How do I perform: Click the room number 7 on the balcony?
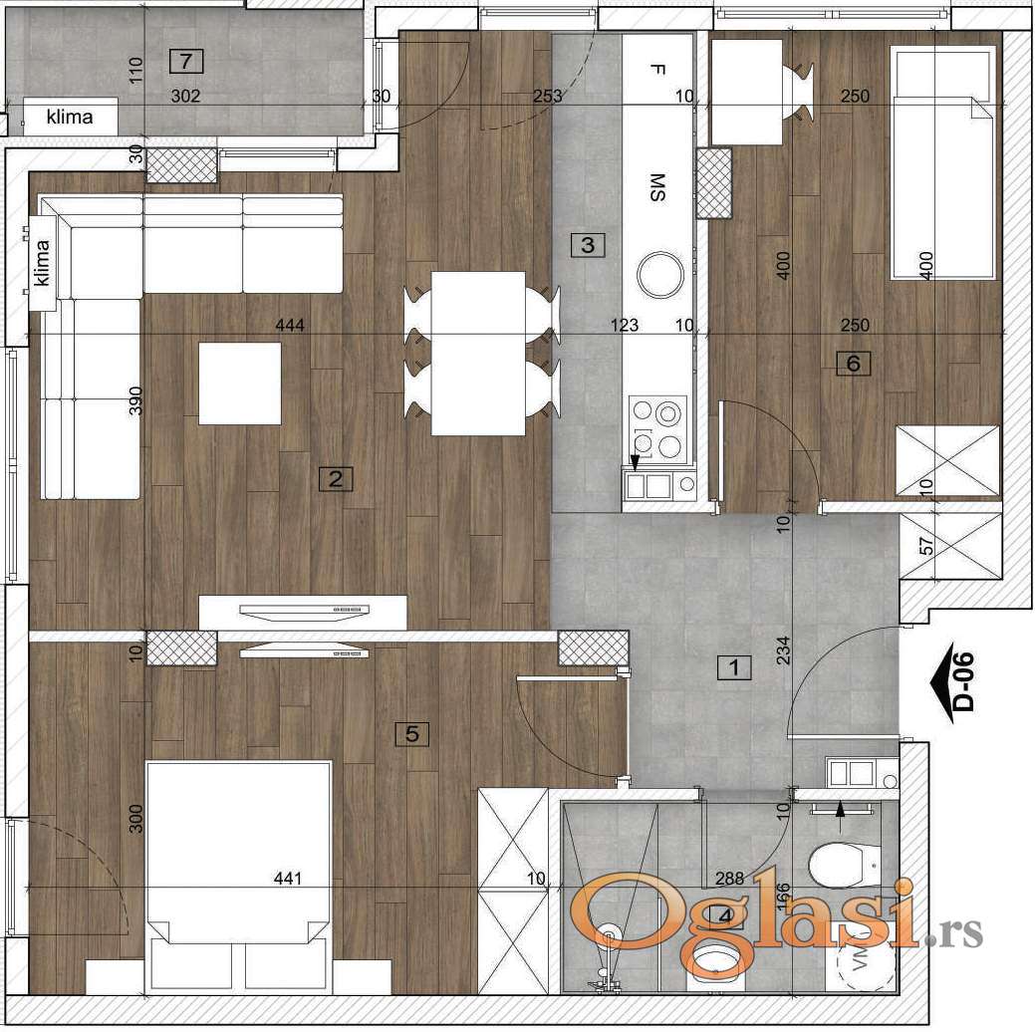coord(186,62)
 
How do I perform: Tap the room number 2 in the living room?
coord(336,479)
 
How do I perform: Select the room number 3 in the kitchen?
coord(588,245)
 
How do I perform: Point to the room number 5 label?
coord(411,733)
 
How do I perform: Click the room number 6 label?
coord(854,364)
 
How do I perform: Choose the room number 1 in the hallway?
coord(734,667)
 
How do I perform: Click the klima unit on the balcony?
coord(70,118)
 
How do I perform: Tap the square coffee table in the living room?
coord(240,384)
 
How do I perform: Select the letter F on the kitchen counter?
coord(656,70)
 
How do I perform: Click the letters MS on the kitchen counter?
coord(657,187)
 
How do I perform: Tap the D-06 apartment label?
coord(957,680)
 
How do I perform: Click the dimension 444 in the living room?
coord(290,325)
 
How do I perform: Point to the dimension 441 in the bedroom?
coord(288,879)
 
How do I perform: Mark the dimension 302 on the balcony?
coord(185,97)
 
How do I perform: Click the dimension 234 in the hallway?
coord(783,649)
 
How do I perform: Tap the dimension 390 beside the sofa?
coord(135,400)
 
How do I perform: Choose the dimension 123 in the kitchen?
coord(624,325)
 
